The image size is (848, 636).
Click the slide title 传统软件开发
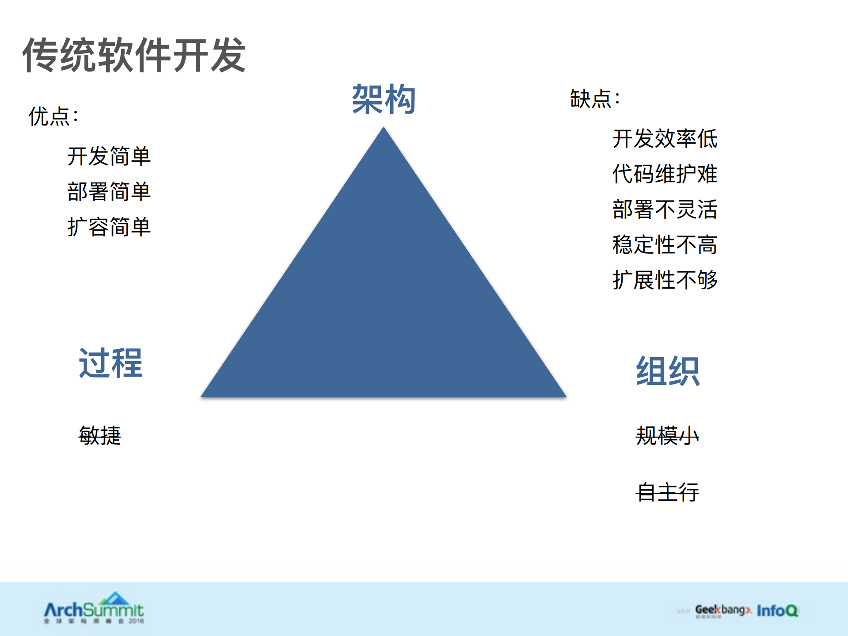click(x=134, y=55)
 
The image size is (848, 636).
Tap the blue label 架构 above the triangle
click(x=384, y=99)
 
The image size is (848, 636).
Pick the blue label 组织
click(x=667, y=371)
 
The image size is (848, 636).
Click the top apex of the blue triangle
click(x=384, y=129)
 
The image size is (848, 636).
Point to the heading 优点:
click(x=53, y=117)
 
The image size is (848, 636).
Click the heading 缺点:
click(x=595, y=98)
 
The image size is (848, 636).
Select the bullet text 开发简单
click(x=109, y=156)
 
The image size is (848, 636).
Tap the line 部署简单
click(x=109, y=192)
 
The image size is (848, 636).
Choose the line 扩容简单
click(x=109, y=227)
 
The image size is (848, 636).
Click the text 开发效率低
click(x=665, y=139)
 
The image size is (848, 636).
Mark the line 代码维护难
click(x=665, y=174)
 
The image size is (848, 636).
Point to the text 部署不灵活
click(x=665, y=209)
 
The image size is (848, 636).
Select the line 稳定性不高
click(x=665, y=245)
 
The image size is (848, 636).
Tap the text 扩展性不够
click(x=665, y=280)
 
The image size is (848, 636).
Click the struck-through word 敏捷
click(x=100, y=435)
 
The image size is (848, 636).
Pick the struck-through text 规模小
click(x=667, y=436)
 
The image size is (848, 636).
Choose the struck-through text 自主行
click(x=667, y=492)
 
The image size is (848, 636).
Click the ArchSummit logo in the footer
click(x=94, y=608)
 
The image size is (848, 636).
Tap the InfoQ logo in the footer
click(x=777, y=611)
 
